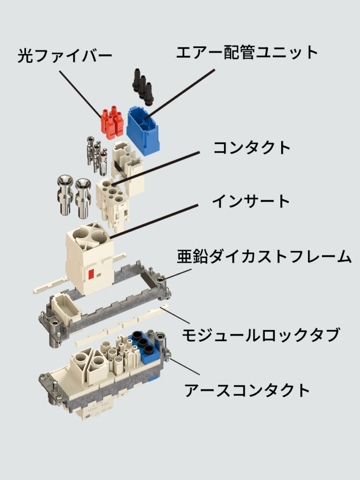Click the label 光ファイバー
(64, 55)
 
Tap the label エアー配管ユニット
(247, 52)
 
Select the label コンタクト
(252, 148)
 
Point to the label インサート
(251, 202)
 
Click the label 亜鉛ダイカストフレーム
(264, 256)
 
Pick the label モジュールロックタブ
(261, 335)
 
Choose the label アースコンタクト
(247, 390)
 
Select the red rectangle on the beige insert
(91, 274)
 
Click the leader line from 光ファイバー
(80, 95)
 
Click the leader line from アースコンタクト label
(185, 367)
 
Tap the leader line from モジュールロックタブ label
(175, 316)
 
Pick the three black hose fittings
(143, 85)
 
